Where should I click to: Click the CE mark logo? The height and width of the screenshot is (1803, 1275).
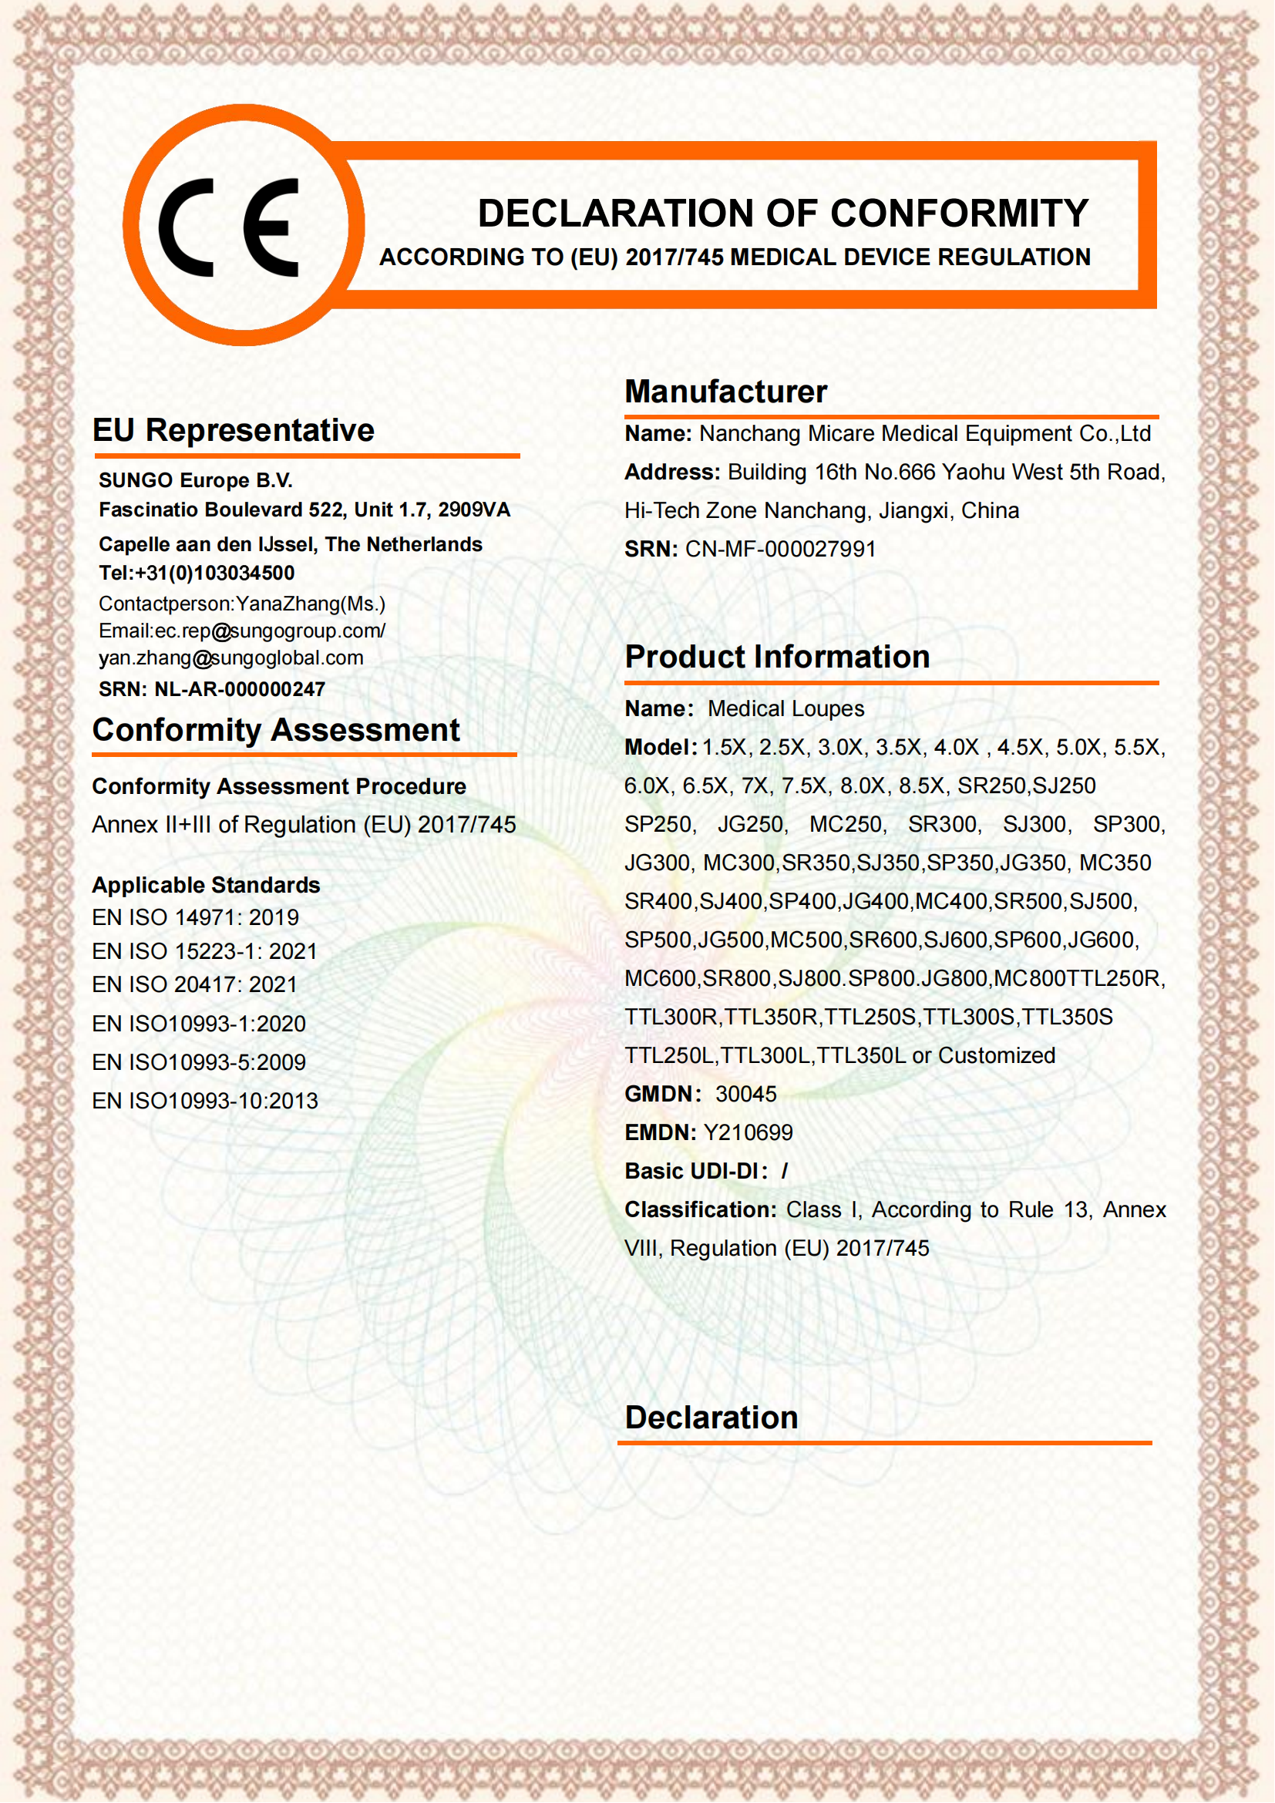(x=229, y=227)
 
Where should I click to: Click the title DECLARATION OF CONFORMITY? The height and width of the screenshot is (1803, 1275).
(x=782, y=214)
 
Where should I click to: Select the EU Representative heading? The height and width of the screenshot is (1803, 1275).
(x=233, y=430)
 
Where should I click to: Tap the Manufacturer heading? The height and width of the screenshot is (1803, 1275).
(x=725, y=391)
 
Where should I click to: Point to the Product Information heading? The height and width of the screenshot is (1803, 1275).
(x=777, y=657)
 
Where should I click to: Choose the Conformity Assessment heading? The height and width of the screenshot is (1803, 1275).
(x=275, y=729)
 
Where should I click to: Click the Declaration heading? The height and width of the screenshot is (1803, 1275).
(x=712, y=1418)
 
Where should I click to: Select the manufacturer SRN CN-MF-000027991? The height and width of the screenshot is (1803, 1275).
(x=780, y=549)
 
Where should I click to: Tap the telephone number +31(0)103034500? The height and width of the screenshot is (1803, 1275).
(x=214, y=574)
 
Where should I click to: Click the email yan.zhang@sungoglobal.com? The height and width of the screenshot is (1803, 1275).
(x=230, y=658)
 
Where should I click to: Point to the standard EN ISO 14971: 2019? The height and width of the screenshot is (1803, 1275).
(x=196, y=917)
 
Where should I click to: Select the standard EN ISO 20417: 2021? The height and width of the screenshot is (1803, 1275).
(x=195, y=984)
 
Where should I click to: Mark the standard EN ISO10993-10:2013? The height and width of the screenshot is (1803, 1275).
(x=205, y=1101)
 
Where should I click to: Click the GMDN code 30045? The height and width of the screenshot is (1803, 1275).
(x=746, y=1094)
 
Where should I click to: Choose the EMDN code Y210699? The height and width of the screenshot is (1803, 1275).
(x=749, y=1132)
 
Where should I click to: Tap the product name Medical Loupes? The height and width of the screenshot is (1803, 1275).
(x=786, y=708)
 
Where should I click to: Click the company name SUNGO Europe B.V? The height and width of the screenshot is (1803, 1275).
(x=196, y=479)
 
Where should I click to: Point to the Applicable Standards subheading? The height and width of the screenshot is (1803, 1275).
(x=206, y=885)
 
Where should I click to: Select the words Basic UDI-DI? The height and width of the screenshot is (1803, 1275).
(x=691, y=1171)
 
